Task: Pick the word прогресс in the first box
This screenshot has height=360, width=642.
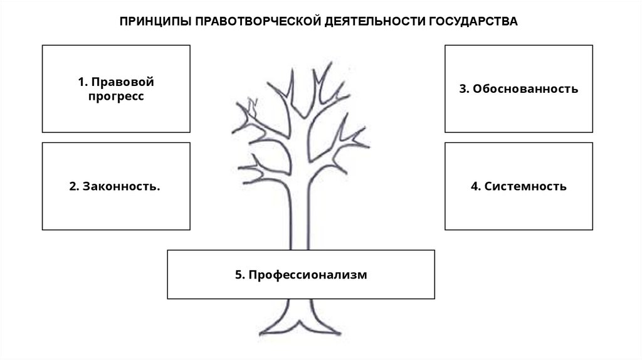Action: pyautogui.click(x=116, y=97)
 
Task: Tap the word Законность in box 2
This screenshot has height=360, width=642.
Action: pyautogui.click(x=119, y=187)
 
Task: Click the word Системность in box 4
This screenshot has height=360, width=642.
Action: pyautogui.click(x=525, y=187)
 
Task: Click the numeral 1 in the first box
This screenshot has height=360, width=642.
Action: pyautogui.click(x=81, y=83)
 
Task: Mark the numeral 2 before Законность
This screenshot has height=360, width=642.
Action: pyautogui.click(x=72, y=187)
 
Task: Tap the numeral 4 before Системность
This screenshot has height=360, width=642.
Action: pyautogui.click(x=474, y=187)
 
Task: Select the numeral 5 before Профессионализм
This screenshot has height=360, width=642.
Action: pyautogui.click(x=238, y=275)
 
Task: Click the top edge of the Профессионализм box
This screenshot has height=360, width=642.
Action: pyautogui.click(x=301, y=250)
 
